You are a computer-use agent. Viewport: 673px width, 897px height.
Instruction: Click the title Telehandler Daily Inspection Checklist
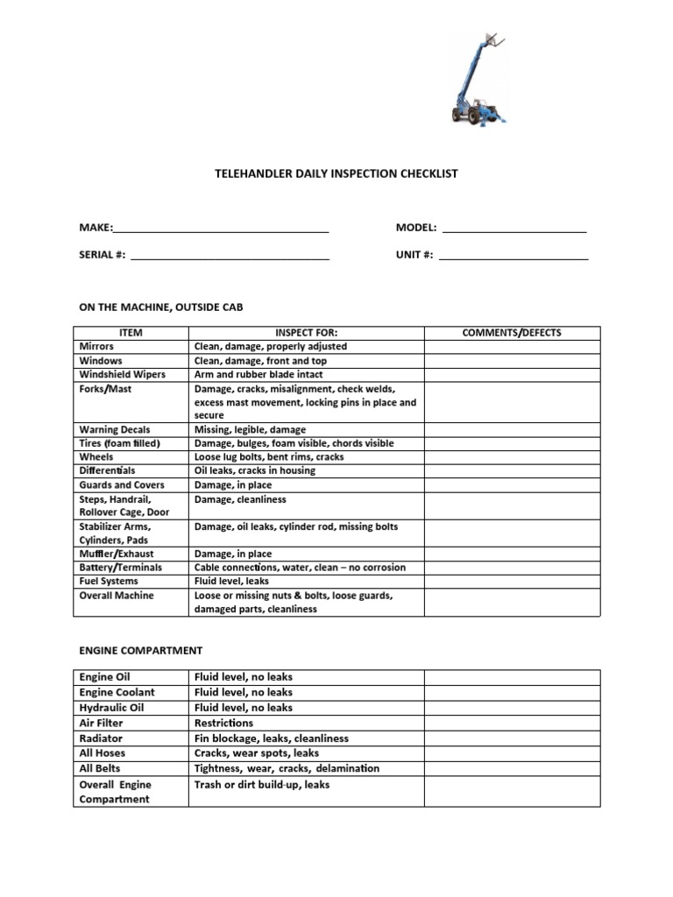[x=336, y=173]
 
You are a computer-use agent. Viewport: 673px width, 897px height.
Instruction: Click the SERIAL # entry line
[x=229, y=257]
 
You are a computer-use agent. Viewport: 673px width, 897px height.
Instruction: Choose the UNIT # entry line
[x=514, y=257]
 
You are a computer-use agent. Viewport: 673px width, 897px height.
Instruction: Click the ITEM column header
[x=130, y=333]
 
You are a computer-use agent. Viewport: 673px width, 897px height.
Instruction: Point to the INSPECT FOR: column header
[x=306, y=333]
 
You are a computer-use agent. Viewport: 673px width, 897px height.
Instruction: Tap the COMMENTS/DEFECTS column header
[x=512, y=333]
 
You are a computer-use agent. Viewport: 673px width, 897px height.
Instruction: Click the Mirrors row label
[x=96, y=347]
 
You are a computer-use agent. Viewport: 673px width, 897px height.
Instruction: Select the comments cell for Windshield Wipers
[x=512, y=374]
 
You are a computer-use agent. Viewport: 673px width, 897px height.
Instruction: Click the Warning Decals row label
[x=115, y=429]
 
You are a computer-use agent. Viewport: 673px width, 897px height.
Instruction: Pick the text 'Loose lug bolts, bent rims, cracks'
[x=269, y=457]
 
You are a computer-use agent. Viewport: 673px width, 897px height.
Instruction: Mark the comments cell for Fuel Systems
[x=512, y=581]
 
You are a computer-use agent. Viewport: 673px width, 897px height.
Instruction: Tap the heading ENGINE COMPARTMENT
[x=140, y=651]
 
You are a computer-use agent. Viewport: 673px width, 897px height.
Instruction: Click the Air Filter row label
[x=102, y=723]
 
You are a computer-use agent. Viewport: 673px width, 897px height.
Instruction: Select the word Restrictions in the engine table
[x=223, y=723]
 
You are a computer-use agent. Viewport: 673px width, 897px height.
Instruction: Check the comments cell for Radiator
[x=512, y=738]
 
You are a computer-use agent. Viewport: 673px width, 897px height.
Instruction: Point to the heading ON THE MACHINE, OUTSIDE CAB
[x=161, y=307]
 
